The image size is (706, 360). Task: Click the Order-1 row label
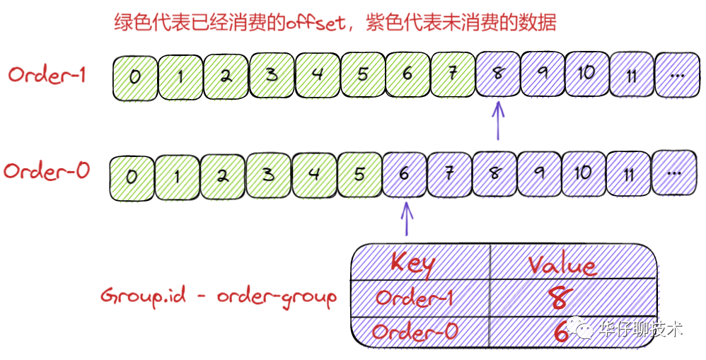pos(47,74)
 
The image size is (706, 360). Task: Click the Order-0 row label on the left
pos(47,171)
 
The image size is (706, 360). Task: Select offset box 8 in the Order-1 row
pos(497,74)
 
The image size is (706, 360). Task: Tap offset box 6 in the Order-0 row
pos(403,173)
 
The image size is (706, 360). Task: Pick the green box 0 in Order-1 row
pos(134,75)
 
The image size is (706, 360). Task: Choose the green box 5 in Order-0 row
pos(359,173)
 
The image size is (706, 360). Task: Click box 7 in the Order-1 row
pos(452,74)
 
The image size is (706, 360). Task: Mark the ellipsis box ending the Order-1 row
pos(677,74)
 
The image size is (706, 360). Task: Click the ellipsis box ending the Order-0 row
pos(674,172)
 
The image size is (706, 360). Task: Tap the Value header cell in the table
pos(562,265)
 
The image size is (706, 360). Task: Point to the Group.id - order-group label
pos(218,296)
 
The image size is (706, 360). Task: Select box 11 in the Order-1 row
pos(631,74)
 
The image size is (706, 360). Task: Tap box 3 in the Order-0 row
pos(268,173)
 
